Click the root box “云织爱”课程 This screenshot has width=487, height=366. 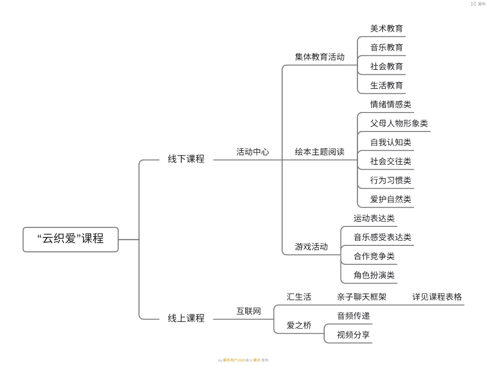coord(70,239)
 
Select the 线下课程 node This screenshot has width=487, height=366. coord(186,159)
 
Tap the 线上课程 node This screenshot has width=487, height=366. coord(186,318)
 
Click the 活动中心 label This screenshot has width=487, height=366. coord(253,152)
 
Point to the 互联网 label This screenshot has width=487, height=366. coord(248,311)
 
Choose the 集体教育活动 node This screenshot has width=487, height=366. coord(320,57)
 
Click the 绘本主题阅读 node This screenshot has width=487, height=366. coord(320,152)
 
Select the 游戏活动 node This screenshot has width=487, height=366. coord(311,247)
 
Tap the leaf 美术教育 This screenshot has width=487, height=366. coord(386,29)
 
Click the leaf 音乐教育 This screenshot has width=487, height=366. coord(386,48)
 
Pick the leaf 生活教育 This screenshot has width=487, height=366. coord(386,86)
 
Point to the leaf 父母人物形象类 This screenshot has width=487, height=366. coord(399,123)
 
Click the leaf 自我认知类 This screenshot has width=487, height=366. coord(391,142)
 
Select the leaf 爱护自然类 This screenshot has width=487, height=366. coord(391,199)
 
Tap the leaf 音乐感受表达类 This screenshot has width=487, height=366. coord(382,237)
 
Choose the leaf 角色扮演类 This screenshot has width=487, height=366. coord(374,275)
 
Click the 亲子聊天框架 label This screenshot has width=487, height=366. coord(361,297)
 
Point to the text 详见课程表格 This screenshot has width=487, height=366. coord(437,297)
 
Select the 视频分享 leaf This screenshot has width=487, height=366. coord(353,335)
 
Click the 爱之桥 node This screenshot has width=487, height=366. coord(299,325)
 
